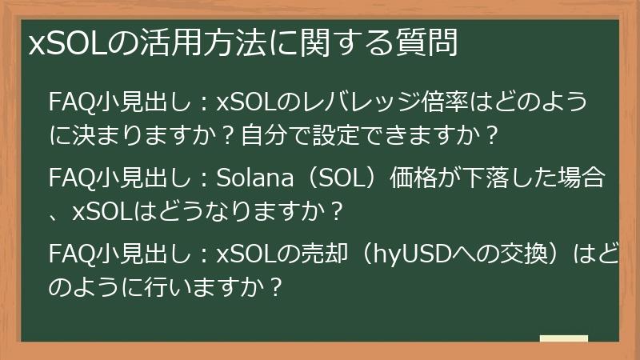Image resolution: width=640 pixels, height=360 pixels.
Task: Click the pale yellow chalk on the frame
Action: coord(564,339)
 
